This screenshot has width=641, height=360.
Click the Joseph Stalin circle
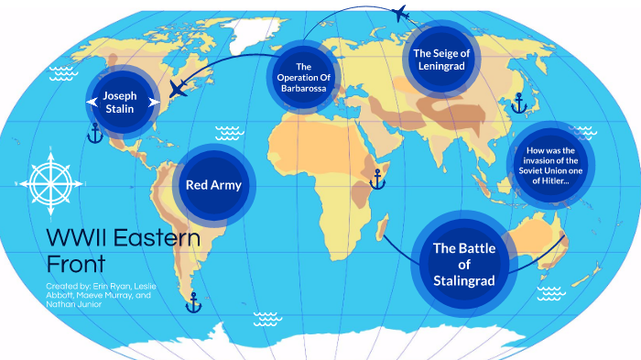click(118, 100)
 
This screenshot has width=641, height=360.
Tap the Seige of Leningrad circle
click(441, 60)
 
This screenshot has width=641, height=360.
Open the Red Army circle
click(213, 185)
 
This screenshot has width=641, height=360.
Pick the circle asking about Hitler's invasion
click(549, 166)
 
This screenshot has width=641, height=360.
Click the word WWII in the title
click(75, 241)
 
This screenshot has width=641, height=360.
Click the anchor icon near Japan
click(518, 103)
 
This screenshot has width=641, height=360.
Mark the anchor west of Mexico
click(94, 134)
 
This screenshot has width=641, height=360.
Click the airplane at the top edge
click(399, 12)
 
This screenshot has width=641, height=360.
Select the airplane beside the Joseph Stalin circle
click(180, 90)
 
